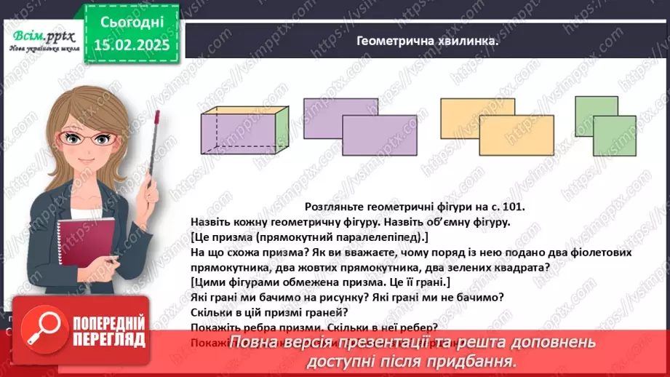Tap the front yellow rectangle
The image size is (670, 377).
(517, 137)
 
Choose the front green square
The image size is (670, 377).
(614, 136)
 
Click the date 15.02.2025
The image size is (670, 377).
(130, 45)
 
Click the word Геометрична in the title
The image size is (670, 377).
(397, 41)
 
